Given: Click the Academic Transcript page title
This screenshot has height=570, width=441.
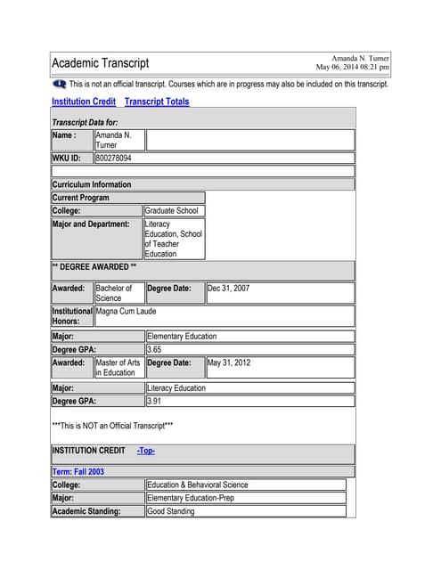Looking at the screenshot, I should pyautogui.click(x=101, y=63).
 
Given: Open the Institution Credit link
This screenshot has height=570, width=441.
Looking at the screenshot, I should pyautogui.click(x=84, y=102).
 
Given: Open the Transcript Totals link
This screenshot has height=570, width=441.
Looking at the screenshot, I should pyautogui.click(x=157, y=102).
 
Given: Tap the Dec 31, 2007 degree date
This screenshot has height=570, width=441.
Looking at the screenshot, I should pyautogui.click(x=228, y=289).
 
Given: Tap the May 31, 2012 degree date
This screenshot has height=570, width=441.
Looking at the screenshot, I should pyautogui.click(x=229, y=363).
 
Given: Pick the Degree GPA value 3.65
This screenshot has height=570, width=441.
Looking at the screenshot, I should pyautogui.click(x=153, y=350).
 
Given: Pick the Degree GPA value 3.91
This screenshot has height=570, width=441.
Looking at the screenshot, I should pyautogui.click(x=153, y=402).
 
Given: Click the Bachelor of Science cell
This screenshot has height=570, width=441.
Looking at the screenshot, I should pyautogui.click(x=114, y=293).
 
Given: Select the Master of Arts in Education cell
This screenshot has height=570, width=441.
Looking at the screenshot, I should pyautogui.click(x=118, y=368).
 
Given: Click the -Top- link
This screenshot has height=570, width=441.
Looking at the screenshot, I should pyautogui.click(x=146, y=451).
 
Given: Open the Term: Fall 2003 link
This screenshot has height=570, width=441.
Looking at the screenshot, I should pyautogui.click(x=78, y=471).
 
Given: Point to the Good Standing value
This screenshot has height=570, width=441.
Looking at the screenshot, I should pyautogui.click(x=173, y=511).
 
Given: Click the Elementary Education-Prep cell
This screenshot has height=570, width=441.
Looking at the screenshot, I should pyautogui.click(x=190, y=498).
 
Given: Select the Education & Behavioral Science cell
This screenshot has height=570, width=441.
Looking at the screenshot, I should pyautogui.click(x=197, y=484).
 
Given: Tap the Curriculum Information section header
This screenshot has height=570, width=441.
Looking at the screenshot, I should pyautogui.click(x=92, y=184).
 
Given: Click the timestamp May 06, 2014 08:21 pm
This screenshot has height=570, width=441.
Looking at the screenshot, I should pyautogui.click(x=353, y=67).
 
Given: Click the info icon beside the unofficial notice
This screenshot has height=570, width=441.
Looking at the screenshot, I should pyautogui.click(x=60, y=84).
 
